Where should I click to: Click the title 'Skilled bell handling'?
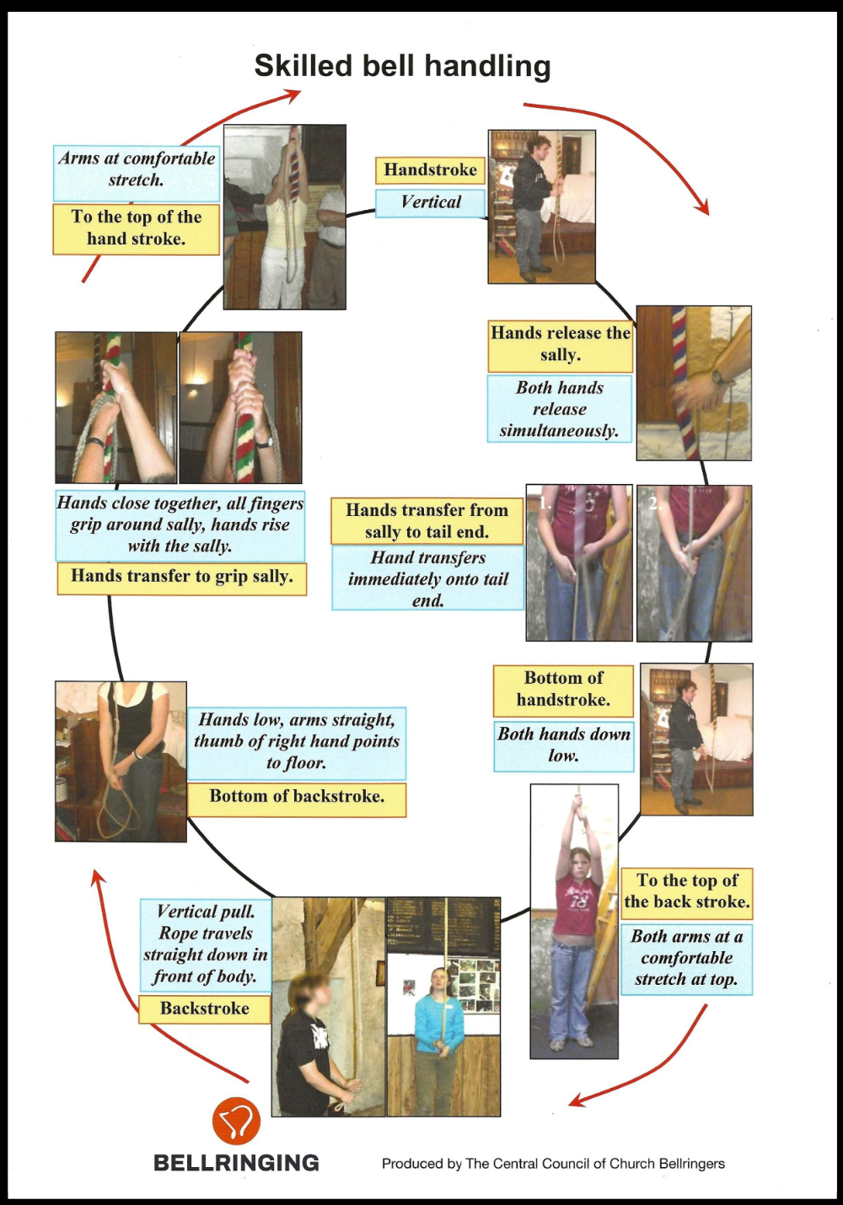point(402,67)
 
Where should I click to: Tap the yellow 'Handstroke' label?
point(430,170)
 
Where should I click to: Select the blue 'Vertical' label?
point(430,203)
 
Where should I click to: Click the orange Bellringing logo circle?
point(237,1121)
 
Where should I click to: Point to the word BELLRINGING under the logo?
point(236,1163)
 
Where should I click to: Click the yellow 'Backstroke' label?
point(204,1009)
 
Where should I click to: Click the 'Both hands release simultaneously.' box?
point(559,409)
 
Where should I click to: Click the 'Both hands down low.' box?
point(563,746)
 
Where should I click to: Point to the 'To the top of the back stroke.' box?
point(686,894)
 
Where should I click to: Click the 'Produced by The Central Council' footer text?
point(553,1164)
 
